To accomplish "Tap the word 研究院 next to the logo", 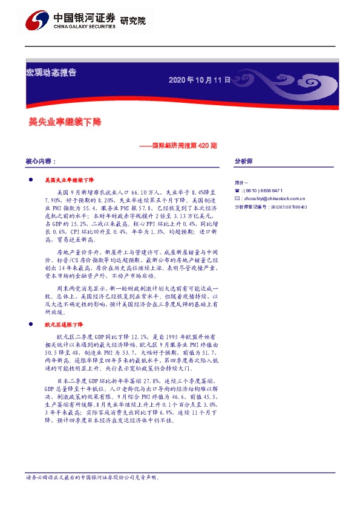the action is pos(133,21).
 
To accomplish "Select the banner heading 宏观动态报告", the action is pos(51,73).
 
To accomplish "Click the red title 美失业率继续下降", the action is pos(65,122).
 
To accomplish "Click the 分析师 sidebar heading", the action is pos(243,162).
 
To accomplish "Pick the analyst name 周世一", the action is pos(241,182).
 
